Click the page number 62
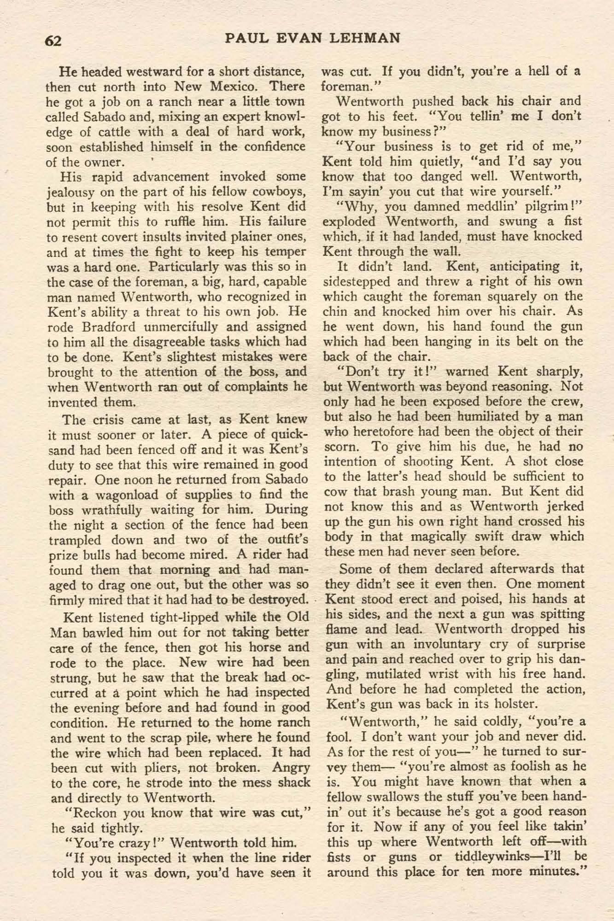pyautogui.click(x=53, y=41)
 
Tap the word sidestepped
pyautogui.click(x=357, y=281)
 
